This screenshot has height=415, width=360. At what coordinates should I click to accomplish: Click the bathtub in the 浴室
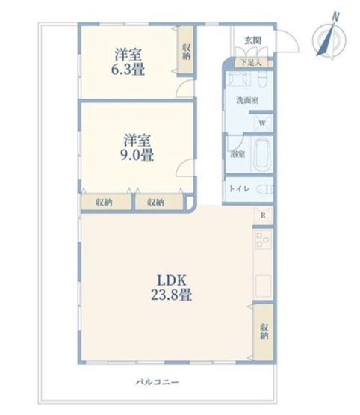pos(261,155)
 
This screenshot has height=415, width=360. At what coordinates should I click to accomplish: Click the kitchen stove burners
pos(263,240)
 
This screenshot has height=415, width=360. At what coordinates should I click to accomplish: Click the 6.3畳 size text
pos(129,70)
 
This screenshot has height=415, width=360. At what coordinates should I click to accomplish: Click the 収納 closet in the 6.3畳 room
pos(185,50)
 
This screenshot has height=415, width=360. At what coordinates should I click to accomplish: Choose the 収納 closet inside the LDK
pos(264,331)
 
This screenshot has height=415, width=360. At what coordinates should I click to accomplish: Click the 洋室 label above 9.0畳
pos(138,140)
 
